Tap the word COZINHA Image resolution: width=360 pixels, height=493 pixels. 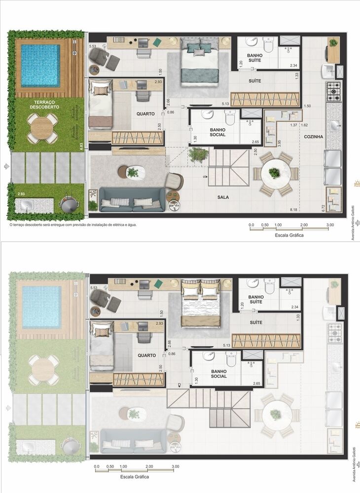tap(314, 137)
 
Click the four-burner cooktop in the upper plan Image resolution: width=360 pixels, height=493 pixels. tap(333, 92)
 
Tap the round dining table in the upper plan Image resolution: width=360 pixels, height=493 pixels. tap(274, 174)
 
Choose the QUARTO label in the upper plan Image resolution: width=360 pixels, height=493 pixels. tap(146, 113)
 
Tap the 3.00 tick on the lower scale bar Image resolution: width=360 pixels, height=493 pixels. tap(175, 466)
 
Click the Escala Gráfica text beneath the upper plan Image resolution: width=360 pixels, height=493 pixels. tap(289, 235)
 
